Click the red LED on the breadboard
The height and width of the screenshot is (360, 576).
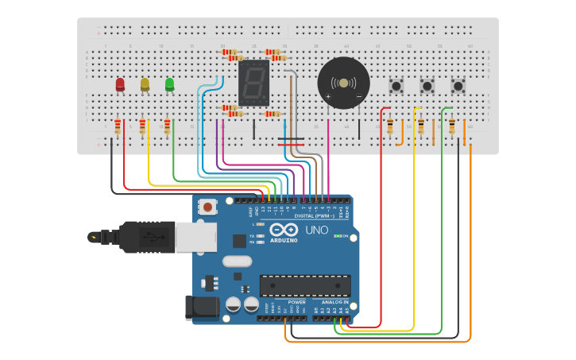(x=120, y=84)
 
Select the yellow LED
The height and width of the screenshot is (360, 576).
(x=145, y=84)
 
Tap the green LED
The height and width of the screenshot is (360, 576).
(x=169, y=84)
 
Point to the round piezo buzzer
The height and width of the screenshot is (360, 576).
(x=343, y=83)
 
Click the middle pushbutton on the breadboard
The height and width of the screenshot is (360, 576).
(x=427, y=85)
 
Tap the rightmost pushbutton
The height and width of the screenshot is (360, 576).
(x=458, y=85)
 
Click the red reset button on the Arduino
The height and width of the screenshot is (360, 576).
(x=207, y=207)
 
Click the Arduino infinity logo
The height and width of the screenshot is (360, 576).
(x=284, y=230)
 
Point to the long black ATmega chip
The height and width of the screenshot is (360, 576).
(x=305, y=285)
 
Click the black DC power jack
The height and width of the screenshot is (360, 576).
(x=195, y=308)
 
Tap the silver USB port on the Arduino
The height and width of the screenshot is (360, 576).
(x=195, y=236)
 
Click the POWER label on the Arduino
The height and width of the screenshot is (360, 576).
(x=296, y=302)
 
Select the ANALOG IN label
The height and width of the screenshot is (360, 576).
(x=334, y=302)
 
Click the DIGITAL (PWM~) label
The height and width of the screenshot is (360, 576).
(x=315, y=215)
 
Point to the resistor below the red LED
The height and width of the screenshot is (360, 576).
(x=118, y=126)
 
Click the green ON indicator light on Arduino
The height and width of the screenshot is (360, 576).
(x=338, y=236)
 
